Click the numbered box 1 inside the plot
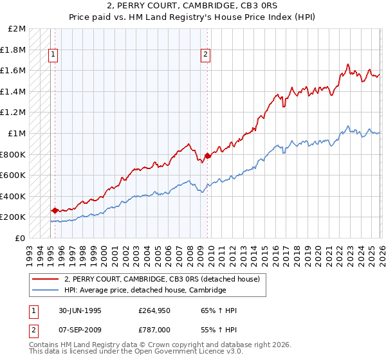click(53, 55)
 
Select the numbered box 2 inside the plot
click(205, 55)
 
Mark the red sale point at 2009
click(207, 155)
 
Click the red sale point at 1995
click(55, 210)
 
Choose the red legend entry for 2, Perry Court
click(161, 279)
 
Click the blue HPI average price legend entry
click(145, 291)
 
